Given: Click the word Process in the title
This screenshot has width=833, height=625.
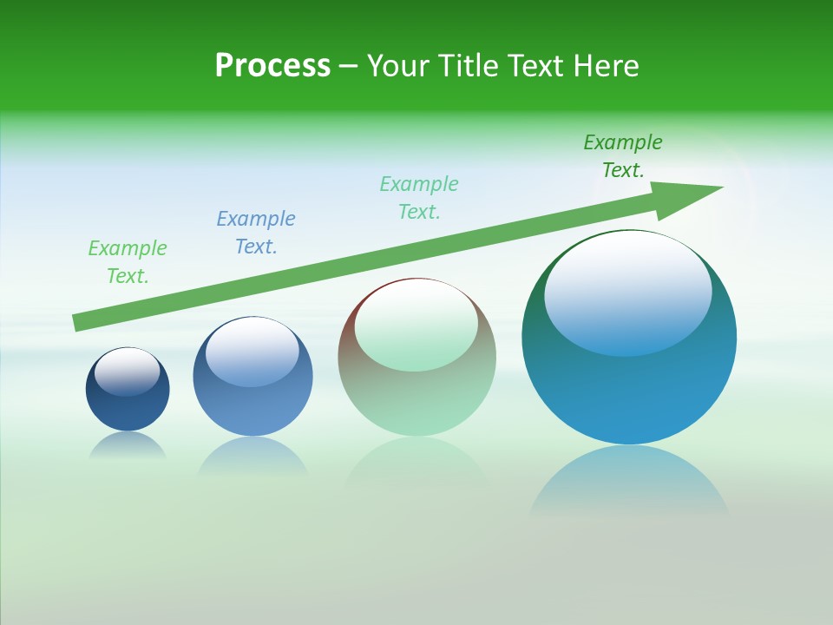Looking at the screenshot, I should (x=272, y=66).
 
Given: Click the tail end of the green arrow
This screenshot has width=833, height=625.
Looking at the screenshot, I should (x=78, y=323).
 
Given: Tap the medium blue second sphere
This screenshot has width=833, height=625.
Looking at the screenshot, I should (x=253, y=404).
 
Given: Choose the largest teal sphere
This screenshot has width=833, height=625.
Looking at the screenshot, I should (x=629, y=391).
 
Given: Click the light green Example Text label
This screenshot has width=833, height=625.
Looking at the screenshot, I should (x=128, y=262).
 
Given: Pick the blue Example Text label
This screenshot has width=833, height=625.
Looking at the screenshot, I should (x=256, y=233).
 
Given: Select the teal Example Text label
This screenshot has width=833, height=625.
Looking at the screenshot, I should (x=419, y=198).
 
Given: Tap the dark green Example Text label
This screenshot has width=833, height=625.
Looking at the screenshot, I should (x=623, y=156).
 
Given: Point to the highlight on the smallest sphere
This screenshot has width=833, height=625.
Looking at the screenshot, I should (x=127, y=372).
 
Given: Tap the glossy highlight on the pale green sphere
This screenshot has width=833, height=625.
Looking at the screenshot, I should (x=416, y=326).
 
